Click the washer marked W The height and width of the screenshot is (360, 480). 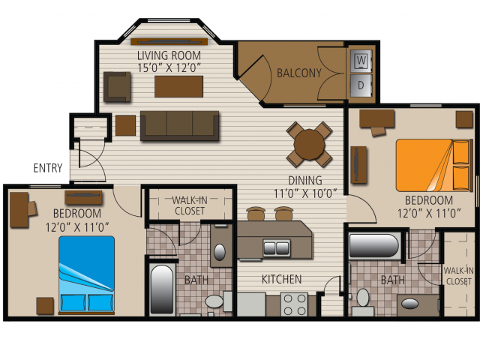[361, 61]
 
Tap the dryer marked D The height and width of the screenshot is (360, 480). [361, 85]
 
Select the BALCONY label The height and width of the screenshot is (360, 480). [299, 73]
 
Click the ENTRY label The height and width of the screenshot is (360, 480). [48, 168]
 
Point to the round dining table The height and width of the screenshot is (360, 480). [309, 145]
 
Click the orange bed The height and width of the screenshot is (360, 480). [433, 165]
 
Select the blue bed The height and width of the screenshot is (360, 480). [87, 274]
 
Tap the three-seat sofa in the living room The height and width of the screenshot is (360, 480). [180, 125]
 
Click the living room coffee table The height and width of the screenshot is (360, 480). [178, 86]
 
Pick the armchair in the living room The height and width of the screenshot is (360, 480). [117, 87]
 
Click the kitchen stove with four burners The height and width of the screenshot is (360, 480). [294, 304]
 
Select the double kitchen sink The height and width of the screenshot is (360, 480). [277, 247]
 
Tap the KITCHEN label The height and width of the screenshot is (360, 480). [282, 279]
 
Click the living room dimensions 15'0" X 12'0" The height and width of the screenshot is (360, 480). [169, 67]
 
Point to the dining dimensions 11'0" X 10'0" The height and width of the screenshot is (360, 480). [305, 193]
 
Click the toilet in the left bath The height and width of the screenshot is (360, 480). [218, 301]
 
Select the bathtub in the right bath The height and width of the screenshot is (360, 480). [374, 246]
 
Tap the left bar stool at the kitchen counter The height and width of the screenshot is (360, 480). [256, 213]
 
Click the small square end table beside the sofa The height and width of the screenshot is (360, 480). [125, 125]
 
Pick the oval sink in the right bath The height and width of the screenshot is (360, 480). [409, 304]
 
